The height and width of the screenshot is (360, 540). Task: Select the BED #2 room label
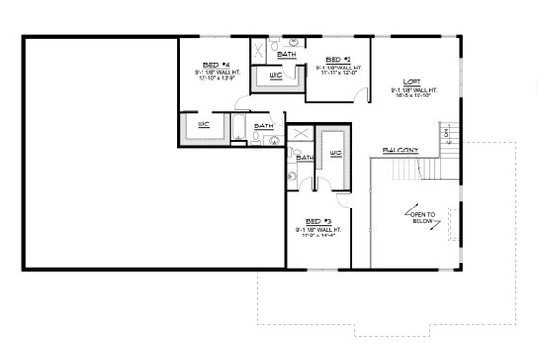[337, 58]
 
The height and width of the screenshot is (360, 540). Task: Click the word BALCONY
[400, 150]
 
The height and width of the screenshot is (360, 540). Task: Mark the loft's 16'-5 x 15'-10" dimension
[412, 96]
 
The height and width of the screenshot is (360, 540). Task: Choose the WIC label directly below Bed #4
[203, 125]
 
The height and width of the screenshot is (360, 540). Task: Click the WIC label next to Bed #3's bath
[336, 152]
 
